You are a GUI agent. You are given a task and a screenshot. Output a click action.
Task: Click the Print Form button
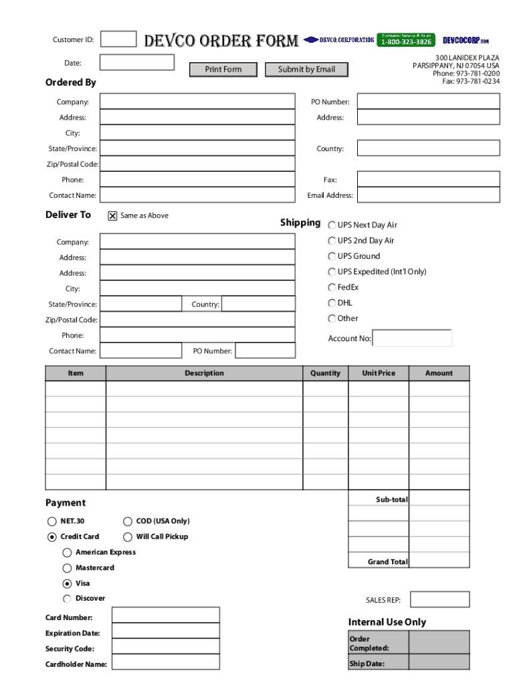coord(223,70)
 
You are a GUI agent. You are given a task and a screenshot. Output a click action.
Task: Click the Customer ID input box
coord(118,39)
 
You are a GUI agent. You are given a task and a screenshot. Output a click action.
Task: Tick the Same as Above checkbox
coord(112,216)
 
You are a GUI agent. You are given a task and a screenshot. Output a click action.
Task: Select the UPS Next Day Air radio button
coord(332,225)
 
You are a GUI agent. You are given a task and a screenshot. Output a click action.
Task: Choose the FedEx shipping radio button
coord(332,287)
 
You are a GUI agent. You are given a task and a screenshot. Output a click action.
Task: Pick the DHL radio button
coord(332,303)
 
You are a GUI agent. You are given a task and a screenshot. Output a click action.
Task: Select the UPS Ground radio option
coord(332,256)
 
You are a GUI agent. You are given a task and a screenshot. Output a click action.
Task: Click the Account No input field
coord(412,338)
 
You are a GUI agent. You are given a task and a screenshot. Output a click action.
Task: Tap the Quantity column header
coord(325,373)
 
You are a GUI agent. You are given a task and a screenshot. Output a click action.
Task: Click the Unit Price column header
coord(379,373)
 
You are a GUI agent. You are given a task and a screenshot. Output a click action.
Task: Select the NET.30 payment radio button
coord(52,521)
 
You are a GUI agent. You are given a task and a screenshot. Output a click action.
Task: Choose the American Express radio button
coord(68,553)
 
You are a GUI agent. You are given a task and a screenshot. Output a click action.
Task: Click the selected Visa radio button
coord(68,583)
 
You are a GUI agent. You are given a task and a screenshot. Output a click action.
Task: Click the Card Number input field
coord(165,615)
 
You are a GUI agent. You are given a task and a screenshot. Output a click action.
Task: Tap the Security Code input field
coord(165,647)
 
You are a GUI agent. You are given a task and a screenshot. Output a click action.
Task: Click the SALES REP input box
coord(439,599)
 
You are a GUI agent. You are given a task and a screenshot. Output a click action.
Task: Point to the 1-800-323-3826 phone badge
coord(406,41)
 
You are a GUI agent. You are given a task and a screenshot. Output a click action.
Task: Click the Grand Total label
coord(387,562)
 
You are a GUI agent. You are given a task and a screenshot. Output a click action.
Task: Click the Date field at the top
coord(136,63)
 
